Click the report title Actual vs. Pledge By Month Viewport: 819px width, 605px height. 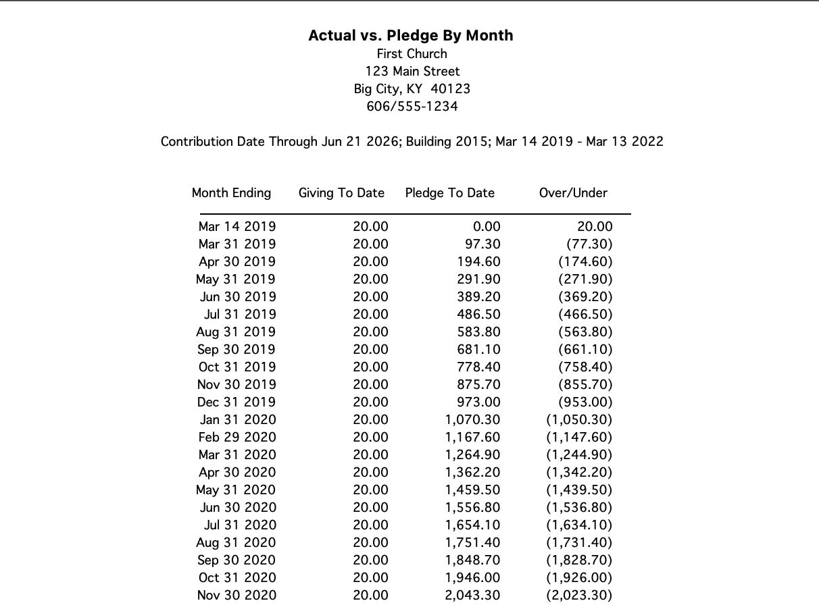(410, 36)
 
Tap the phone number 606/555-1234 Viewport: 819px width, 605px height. (412, 107)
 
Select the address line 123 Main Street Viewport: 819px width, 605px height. (412, 72)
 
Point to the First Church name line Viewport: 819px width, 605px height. (412, 54)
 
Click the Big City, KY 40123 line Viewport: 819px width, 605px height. (412, 89)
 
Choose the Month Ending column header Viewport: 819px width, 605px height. (231, 193)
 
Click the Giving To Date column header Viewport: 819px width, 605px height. (341, 193)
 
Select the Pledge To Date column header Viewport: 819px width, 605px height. (449, 193)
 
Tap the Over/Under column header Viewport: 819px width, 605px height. (573, 193)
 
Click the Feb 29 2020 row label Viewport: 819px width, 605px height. (237, 438)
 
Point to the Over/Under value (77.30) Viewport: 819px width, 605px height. (589, 244)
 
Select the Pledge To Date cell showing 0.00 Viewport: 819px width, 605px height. (487, 227)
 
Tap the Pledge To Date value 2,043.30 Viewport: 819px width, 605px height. (472, 596)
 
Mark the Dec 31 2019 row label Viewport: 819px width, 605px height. (237, 402)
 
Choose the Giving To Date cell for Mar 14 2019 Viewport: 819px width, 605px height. (370, 227)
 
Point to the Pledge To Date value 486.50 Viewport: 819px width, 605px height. (478, 315)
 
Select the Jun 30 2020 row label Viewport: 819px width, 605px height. (238, 508)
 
